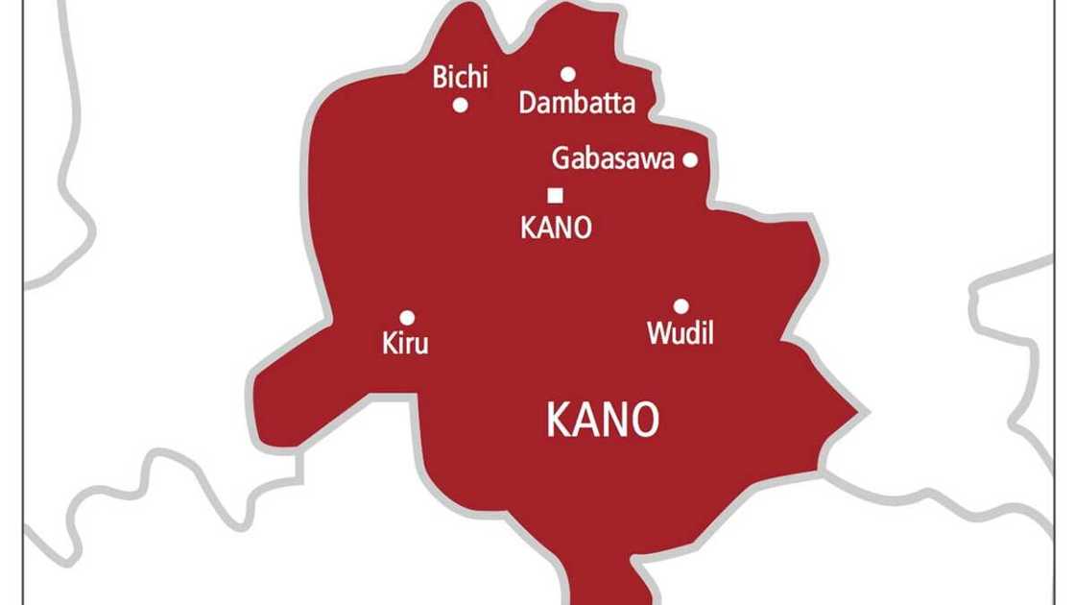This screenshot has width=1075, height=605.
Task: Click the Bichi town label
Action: [x=461, y=78]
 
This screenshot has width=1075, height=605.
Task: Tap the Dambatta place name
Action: [x=577, y=104]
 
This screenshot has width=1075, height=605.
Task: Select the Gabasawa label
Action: [x=612, y=159]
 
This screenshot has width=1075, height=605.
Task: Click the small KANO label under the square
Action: [x=555, y=228]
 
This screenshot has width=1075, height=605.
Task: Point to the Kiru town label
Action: [x=404, y=343]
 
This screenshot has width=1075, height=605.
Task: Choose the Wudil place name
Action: [x=681, y=333]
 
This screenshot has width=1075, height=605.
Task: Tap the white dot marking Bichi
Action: [x=461, y=106]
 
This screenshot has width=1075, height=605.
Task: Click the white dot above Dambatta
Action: [x=568, y=73]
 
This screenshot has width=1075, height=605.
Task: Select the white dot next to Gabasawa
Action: [x=689, y=159]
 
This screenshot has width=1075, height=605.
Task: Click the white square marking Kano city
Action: [x=555, y=196]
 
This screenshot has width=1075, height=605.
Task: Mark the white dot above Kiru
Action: [x=407, y=317]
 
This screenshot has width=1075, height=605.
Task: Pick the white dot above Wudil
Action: [x=681, y=306]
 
